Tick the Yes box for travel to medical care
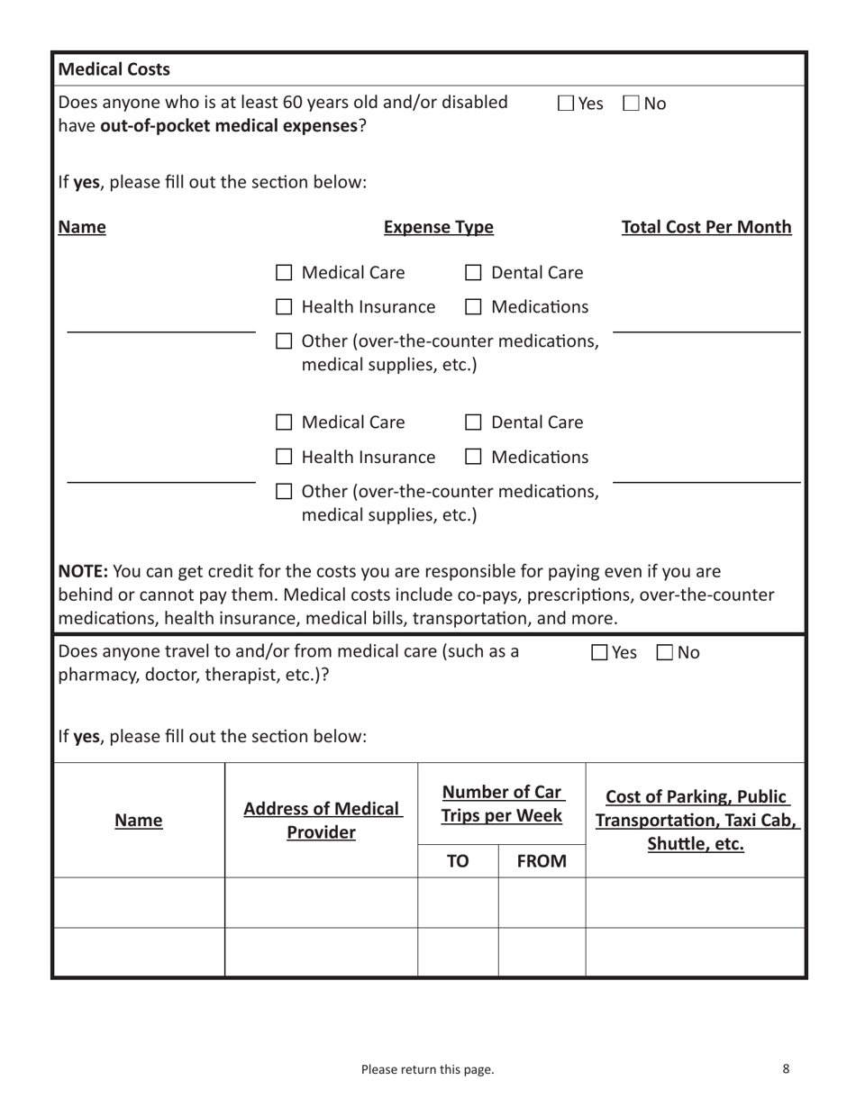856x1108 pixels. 600,652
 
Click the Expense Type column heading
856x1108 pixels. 438,228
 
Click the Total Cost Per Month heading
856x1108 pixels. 706,228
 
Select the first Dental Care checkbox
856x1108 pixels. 473,273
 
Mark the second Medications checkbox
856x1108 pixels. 473,459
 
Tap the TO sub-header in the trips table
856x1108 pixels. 458,862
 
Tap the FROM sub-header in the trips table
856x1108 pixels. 541,862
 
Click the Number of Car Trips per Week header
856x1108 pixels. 502,804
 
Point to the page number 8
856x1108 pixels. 786,1068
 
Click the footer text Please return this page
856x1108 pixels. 427,1069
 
